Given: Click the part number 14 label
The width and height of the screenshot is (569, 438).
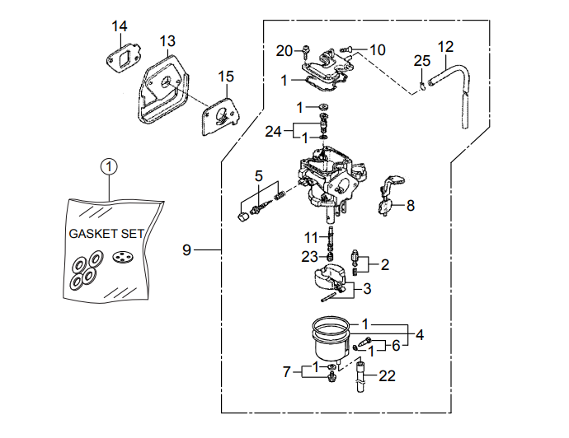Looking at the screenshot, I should [x=120, y=26].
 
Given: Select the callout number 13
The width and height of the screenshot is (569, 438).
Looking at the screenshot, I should [x=167, y=41].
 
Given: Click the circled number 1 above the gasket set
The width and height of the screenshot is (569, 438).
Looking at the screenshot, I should [x=109, y=165].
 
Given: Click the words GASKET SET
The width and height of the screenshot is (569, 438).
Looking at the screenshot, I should [x=106, y=234].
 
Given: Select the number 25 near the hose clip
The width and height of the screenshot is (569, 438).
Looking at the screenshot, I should [x=422, y=61].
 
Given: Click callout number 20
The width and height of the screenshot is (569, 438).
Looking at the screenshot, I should [x=284, y=51].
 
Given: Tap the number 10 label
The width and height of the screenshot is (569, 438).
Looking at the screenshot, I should [x=377, y=50].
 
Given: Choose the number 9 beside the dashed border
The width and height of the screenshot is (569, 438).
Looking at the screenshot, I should [x=186, y=249].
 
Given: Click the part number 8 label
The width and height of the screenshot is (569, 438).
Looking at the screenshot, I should [x=410, y=206].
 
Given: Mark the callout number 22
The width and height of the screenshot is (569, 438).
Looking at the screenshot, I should [x=387, y=375].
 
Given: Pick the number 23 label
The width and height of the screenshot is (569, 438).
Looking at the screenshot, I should [x=309, y=256].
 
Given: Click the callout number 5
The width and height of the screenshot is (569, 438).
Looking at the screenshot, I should [x=258, y=175].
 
